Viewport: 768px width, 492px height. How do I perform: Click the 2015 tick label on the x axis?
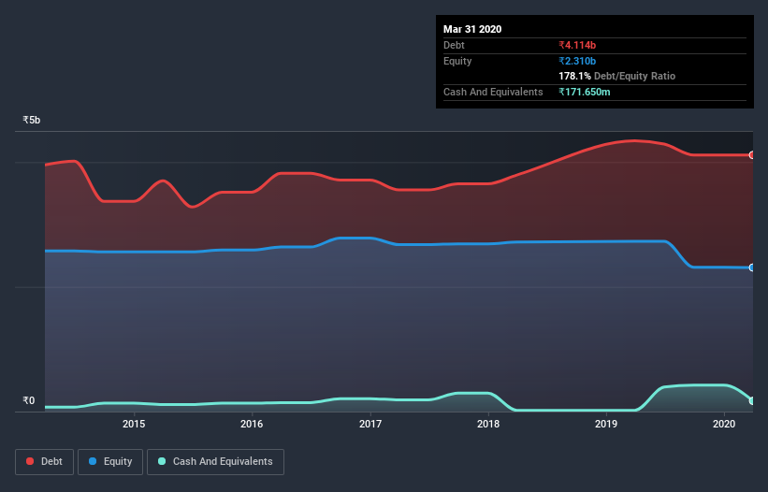point(134,424)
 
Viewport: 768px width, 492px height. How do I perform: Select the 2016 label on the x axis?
point(252,424)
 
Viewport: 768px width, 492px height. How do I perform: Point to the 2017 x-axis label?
point(370,424)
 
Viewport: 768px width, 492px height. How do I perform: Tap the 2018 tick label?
point(488,424)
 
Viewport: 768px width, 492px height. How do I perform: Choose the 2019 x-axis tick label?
point(606,424)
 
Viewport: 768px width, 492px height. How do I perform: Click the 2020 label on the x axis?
point(724,424)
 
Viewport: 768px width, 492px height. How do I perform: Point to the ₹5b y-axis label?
point(32,121)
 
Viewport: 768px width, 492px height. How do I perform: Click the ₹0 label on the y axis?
point(29,401)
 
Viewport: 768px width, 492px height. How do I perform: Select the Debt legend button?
point(44,461)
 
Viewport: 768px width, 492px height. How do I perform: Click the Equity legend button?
point(110,461)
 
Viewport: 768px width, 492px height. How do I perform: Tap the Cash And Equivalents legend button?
point(215,461)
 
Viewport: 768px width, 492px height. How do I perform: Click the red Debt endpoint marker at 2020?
point(752,155)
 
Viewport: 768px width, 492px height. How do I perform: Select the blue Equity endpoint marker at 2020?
point(752,268)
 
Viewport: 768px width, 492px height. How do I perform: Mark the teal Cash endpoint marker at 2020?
point(752,400)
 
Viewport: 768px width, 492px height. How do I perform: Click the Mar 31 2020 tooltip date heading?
point(472,29)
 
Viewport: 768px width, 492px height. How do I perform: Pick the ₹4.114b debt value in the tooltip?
point(577,45)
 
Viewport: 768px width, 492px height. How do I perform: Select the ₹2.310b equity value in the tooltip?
point(577,61)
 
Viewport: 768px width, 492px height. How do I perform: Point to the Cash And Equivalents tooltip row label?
point(493,92)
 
